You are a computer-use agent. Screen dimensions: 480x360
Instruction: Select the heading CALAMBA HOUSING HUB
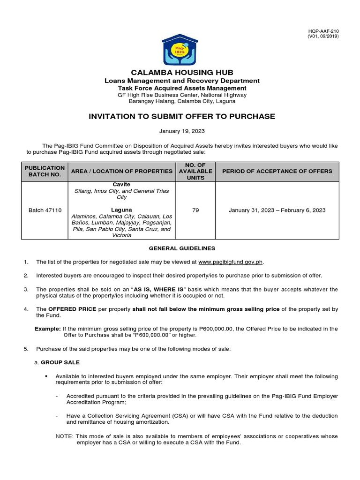182,72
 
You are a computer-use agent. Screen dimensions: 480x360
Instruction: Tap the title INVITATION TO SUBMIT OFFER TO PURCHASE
182,116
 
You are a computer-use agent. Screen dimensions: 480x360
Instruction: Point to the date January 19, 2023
182,132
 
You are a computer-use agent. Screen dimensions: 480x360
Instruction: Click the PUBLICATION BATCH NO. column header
45,171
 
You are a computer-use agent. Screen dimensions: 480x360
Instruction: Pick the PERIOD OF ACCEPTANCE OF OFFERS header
277,171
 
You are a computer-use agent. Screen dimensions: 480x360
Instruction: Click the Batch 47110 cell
45,210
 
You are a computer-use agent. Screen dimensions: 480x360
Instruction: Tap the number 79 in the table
195,210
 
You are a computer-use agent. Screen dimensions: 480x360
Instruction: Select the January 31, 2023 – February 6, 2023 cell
277,210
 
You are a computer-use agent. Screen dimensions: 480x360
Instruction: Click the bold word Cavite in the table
121,185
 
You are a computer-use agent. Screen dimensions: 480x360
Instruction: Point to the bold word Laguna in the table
121,210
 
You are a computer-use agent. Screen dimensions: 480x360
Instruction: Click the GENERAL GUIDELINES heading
182,248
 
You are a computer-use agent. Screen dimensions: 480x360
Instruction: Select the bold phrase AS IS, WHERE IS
159,289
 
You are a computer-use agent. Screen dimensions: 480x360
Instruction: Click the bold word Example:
48,329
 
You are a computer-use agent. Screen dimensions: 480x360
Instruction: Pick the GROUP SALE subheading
60,362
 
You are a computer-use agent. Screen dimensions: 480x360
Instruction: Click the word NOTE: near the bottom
64,436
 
